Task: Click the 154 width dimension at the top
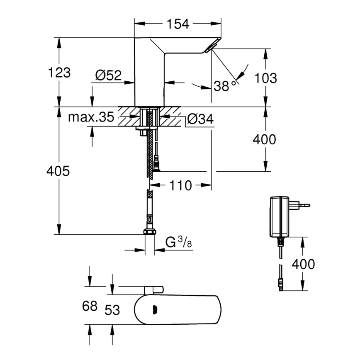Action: [178, 24]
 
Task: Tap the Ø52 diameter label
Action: [108, 75]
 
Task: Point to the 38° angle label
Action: [224, 86]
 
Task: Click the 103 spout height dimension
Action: [265, 77]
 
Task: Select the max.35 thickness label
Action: [91, 117]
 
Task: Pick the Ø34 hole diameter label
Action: [200, 119]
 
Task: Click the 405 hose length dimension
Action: [58, 171]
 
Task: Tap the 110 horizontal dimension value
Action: [180, 185]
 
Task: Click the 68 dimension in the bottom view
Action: [90, 306]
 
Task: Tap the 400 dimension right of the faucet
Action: [264, 139]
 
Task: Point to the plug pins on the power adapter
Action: [304, 204]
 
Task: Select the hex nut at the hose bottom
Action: [149, 232]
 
